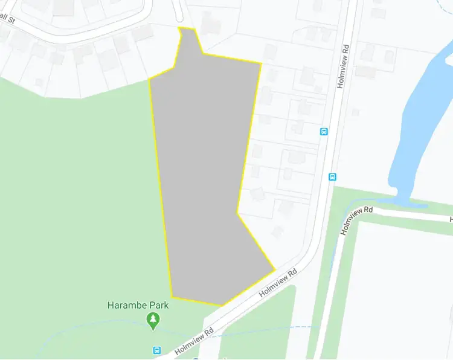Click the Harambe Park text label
[138, 305]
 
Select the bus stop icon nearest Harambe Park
[157, 350]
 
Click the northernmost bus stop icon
[324, 131]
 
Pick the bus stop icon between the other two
[332, 176]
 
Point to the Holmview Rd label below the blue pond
[357, 220]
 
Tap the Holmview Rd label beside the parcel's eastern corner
[279, 283]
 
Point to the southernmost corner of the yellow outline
[222, 305]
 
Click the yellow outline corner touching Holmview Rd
[275, 269]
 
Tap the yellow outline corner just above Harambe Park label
[173, 297]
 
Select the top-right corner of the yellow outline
[261, 63]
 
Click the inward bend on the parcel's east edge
[238, 213]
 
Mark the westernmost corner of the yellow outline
[149, 79]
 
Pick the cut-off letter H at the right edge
[451, 219]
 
